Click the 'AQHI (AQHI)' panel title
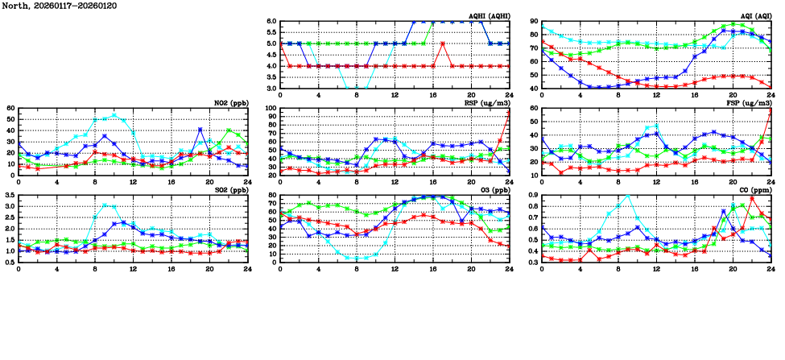point(489,16)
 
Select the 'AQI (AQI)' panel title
point(753,16)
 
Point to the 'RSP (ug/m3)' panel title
point(488,103)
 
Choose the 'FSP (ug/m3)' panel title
point(750,103)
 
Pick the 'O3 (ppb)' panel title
point(493,190)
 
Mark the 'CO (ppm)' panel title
point(754,190)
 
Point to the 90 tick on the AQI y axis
point(534,22)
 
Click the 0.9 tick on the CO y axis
point(532,196)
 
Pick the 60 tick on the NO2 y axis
point(10,109)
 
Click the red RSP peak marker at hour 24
point(510,112)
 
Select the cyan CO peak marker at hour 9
point(627,196)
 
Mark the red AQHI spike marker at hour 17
point(443,43)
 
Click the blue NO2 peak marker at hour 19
point(200,130)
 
